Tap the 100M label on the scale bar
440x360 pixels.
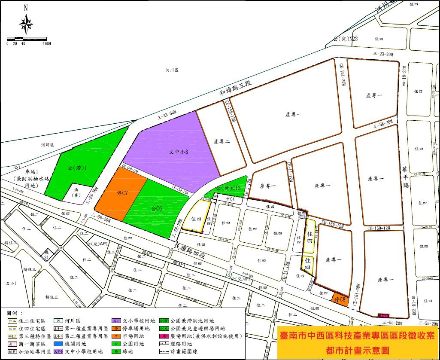47,43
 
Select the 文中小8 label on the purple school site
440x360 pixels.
180,151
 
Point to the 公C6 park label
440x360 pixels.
156,209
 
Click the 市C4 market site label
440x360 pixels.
231,199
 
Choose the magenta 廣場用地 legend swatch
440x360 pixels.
163,336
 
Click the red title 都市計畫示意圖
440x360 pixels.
358,350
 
